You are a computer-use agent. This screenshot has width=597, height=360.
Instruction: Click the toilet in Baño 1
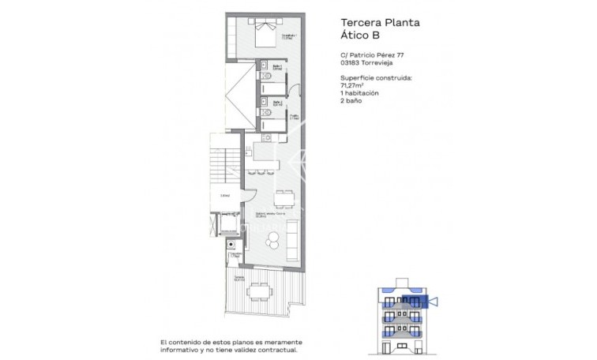265,77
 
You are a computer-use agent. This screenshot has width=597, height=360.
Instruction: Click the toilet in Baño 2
266,114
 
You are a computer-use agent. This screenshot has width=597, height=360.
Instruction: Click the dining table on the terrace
259,291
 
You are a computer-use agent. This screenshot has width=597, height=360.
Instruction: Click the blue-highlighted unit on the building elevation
415,300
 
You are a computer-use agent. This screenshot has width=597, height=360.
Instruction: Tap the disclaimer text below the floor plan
231,344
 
